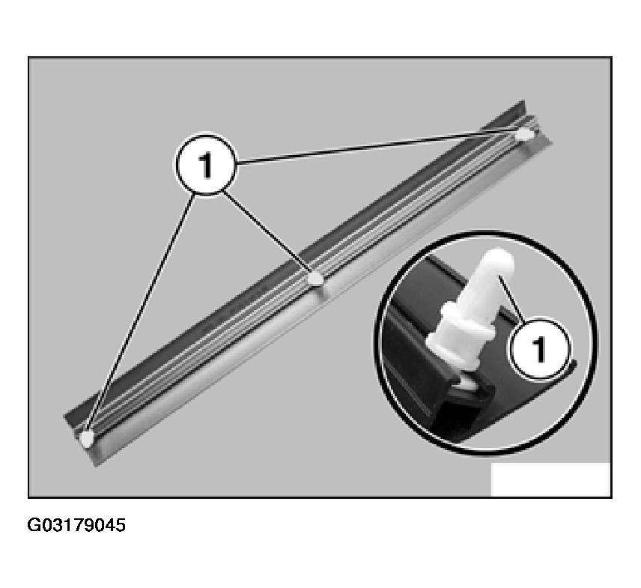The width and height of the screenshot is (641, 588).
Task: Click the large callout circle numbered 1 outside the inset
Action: tap(207, 164)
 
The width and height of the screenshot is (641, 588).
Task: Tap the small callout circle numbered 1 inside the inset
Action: tap(539, 348)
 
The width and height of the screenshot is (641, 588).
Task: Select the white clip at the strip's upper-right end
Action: tap(524, 134)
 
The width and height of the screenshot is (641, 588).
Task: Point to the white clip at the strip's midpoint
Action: tap(315, 279)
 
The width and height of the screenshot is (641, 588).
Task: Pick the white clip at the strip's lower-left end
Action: tap(87, 439)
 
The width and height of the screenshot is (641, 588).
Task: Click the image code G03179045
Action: tap(76, 525)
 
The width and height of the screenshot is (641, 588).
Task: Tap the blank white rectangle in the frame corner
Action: tap(550, 479)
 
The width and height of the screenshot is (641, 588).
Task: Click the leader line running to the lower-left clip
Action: tap(141, 313)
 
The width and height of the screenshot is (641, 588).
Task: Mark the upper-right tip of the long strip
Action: tap(523, 101)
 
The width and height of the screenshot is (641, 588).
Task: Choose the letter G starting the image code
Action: tap(34, 525)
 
